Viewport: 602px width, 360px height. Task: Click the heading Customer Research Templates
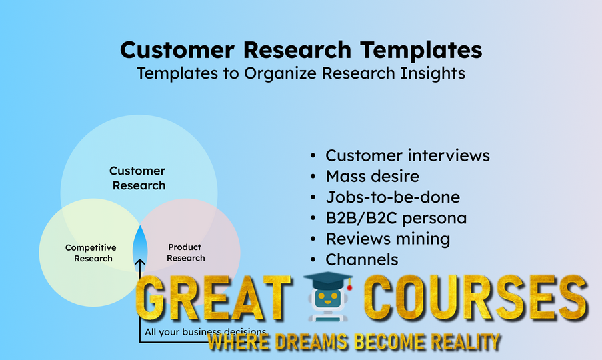[301, 50]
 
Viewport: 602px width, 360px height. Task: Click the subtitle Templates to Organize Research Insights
[301, 73]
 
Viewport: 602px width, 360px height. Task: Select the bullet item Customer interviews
[407, 155]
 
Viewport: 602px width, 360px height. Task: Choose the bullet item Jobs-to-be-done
[393, 197]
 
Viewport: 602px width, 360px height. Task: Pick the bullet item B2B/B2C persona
[396, 218]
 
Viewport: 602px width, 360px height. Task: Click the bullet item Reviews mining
[387, 239]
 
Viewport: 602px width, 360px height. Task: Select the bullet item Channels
[361, 259]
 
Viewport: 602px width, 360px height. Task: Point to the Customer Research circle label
[138, 179]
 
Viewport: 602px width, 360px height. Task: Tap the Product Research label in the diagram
[185, 253]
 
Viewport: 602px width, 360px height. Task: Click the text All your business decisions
[205, 331]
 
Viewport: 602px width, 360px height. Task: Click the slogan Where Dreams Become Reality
[353, 342]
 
